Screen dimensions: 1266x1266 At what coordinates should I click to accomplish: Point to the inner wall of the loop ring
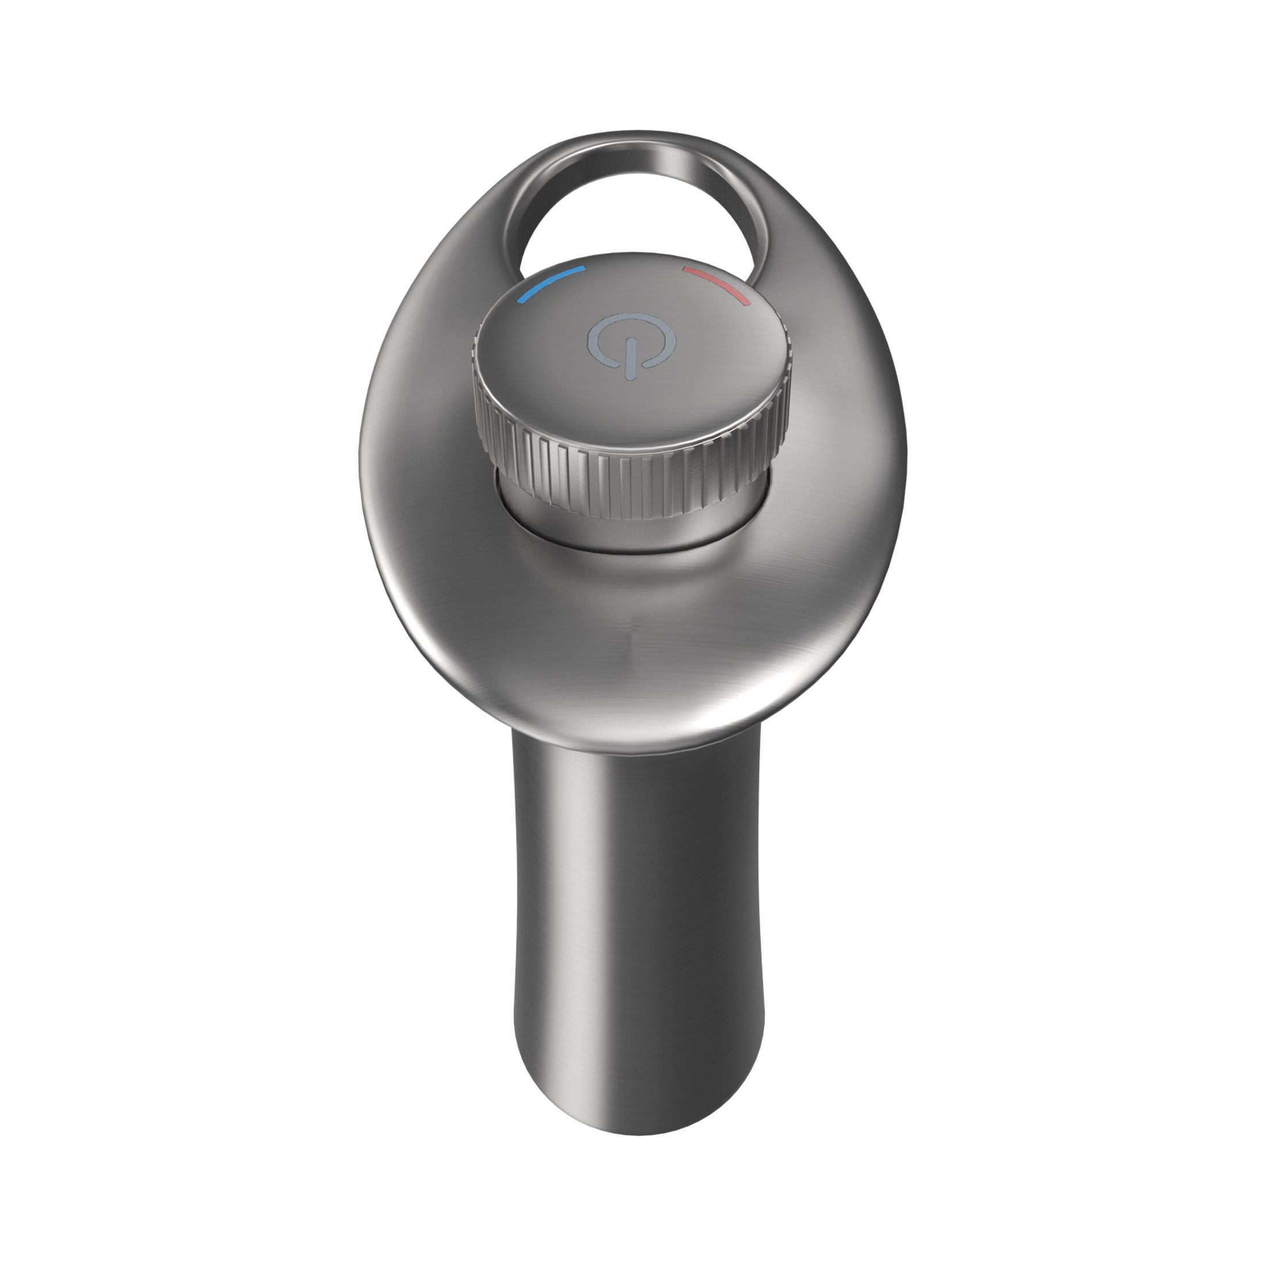pos(727,197)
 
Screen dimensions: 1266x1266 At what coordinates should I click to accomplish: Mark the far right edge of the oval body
pos(903,459)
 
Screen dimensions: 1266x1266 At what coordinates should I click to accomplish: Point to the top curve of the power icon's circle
pos(630,316)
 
